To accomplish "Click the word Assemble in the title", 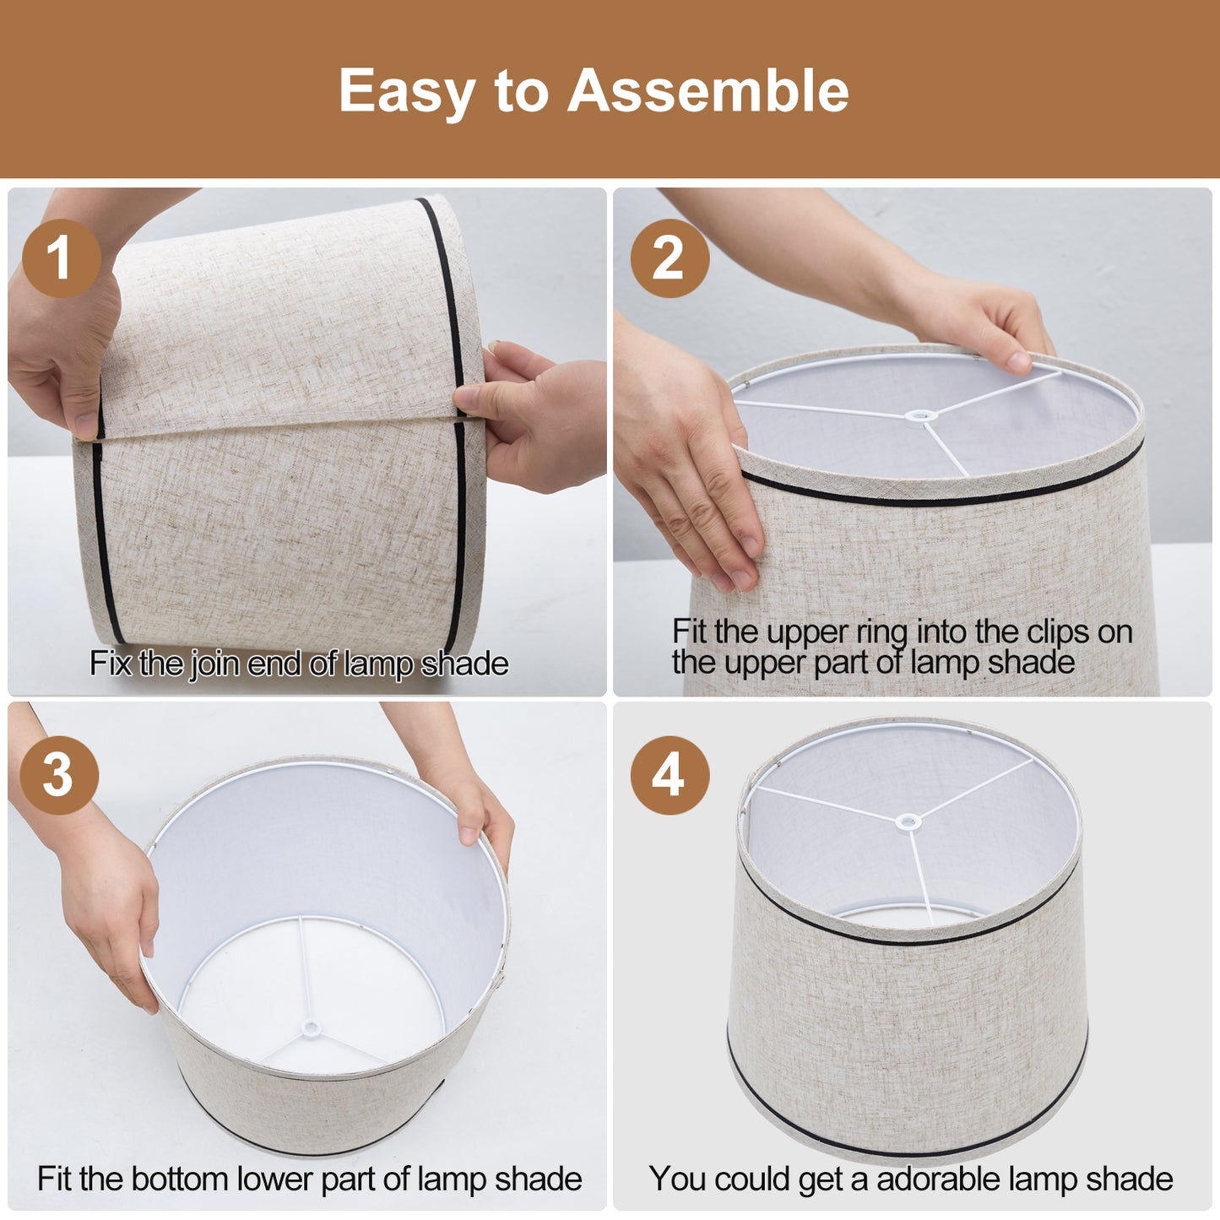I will (708, 90).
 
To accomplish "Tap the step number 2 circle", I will (669, 258).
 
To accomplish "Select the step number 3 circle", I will (58, 775).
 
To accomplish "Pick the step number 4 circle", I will (669, 775).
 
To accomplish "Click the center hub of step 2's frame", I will (919, 415).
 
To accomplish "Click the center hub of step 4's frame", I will (908, 821).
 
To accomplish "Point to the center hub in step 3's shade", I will (312, 1028).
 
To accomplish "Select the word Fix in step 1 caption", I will (111, 664).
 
